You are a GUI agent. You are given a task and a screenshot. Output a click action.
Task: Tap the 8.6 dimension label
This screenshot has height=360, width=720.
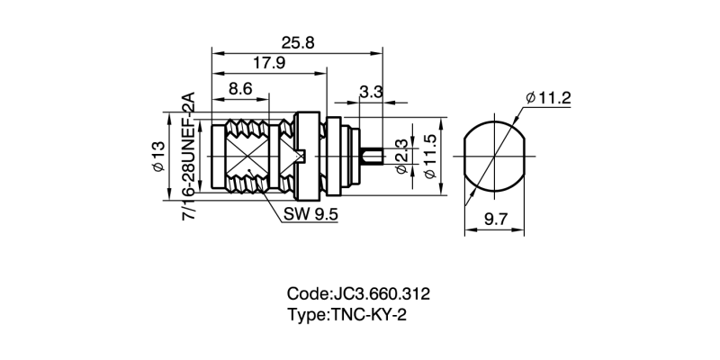coord(240,88)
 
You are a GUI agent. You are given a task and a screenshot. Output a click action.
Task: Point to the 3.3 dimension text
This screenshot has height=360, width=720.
coord(371,91)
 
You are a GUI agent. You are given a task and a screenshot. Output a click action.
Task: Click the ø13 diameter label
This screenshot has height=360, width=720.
coord(157,158)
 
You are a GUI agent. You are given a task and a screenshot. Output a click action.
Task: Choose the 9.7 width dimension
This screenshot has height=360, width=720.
coord(494,219)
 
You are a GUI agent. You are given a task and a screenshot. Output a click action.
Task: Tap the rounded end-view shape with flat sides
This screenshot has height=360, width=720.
coord(494,157)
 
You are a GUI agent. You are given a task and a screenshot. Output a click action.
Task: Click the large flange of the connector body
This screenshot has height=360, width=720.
coord(307,157)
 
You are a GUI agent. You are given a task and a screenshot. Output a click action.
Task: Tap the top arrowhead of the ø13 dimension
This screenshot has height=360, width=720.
coord(169,116)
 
